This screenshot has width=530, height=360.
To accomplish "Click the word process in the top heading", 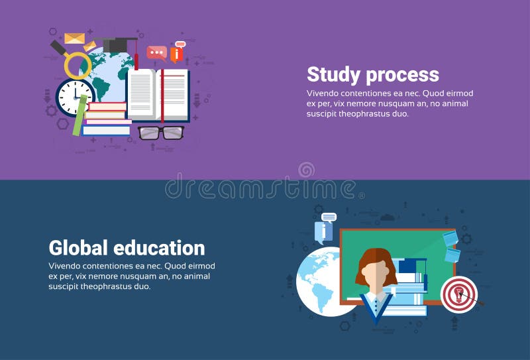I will [403, 76].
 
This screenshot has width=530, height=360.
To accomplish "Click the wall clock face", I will [74, 97].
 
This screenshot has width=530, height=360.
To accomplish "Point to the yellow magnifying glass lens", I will [78, 65].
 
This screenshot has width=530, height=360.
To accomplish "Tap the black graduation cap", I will [119, 44].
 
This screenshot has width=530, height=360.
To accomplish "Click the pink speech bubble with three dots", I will [157, 52].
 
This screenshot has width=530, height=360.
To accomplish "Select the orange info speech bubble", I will [177, 53].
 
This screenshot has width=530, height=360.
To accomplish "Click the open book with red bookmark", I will [158, 94].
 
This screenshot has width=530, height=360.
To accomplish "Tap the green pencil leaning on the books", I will [80, 116].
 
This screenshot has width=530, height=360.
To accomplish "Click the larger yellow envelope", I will [74, 38].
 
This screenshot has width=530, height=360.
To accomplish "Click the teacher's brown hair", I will [376, 263].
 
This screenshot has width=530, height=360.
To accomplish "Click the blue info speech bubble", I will [323, 231].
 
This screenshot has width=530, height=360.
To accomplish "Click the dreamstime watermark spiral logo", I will [306, 170].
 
